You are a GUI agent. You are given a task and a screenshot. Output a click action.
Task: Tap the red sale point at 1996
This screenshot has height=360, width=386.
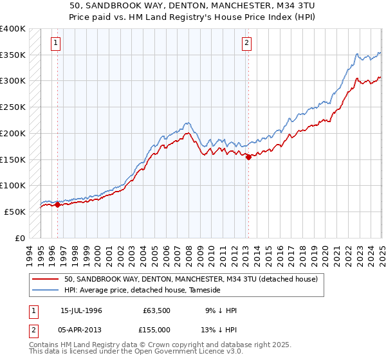(x=57, y=205)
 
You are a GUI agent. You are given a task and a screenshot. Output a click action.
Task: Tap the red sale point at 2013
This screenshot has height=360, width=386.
(x=248, y=157)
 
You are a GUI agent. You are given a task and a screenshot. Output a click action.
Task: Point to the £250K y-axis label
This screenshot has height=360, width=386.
(x=13, y=107)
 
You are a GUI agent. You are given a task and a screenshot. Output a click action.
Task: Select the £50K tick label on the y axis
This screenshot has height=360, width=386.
(x=15, y=212)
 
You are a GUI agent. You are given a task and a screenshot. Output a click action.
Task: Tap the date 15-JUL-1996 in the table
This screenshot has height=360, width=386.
(x=81, y=310)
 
